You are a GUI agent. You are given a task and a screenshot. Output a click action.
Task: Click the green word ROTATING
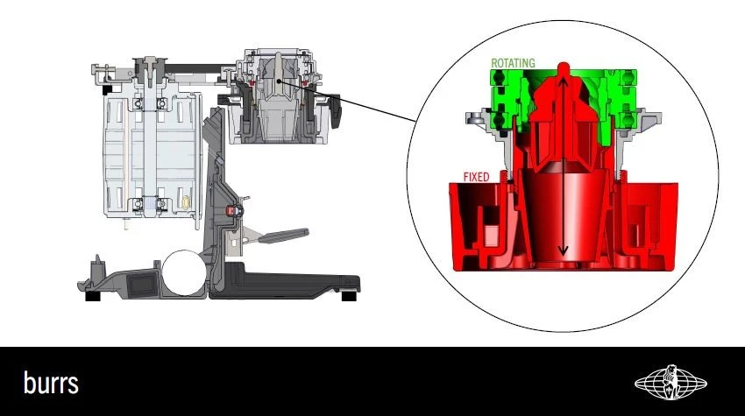(x=513, y=63)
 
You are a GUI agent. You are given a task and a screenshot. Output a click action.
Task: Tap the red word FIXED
(x=476, y=177)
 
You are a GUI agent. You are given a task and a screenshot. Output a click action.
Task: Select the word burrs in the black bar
(x=51, y=383)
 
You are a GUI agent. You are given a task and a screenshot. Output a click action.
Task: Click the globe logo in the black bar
(x=670, y=383)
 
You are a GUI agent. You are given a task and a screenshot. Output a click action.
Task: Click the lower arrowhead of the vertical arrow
(x=564, y=250)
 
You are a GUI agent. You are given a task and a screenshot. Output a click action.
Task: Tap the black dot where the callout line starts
(x=280, y=81)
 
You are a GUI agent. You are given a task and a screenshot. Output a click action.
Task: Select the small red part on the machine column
(x=232, y=210)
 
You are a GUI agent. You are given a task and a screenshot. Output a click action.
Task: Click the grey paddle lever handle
(x=284, y=236)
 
